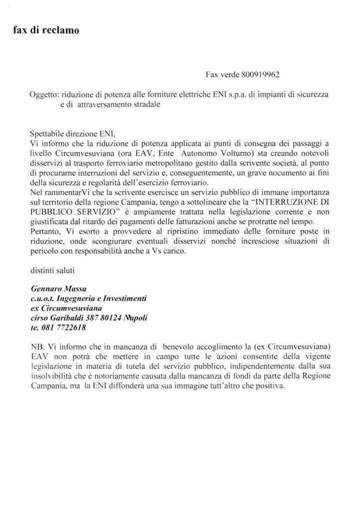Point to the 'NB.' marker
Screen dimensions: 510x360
coord(37,347)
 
